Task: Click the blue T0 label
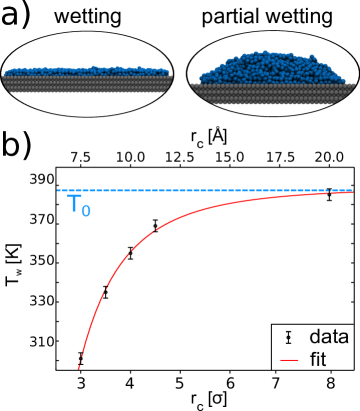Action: [78, 206]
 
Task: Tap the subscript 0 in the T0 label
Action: [86, 211]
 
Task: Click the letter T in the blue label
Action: [74, 205]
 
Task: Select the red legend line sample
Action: [289, 360]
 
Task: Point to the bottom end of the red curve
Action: [78, 368]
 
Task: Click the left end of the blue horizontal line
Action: [58, 190]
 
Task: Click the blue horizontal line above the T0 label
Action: [78, 190]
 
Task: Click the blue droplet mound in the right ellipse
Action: [270, 68]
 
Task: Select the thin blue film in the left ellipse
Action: [87, 72]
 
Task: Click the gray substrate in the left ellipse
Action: [87, 84]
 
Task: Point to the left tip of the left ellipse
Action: [3, 74]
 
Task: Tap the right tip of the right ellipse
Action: [357, 74]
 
